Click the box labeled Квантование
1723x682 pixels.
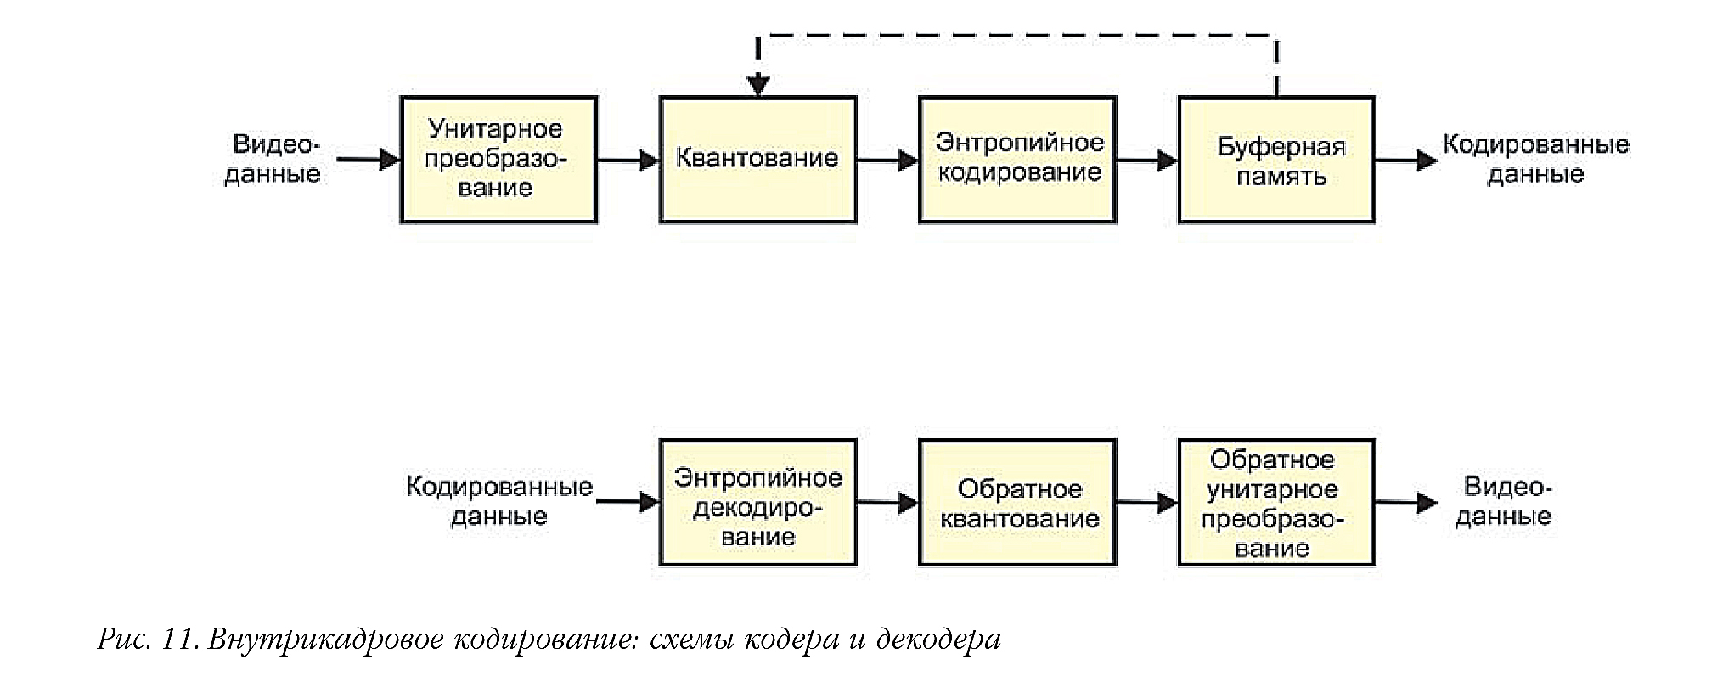click(757, 160)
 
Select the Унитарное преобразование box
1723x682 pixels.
click(498, 160)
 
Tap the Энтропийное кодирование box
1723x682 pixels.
click(1016, 160)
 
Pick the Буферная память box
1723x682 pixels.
click(1275, 160)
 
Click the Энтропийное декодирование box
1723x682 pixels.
click(757, 503)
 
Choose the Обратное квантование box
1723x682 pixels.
click(1016, 503)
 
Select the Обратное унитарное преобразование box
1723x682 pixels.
click(1275, 503)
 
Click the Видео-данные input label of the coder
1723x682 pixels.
click(273, 159)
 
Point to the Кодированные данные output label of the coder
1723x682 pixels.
click(1535, 159)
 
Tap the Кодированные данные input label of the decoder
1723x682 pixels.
click(498, 501)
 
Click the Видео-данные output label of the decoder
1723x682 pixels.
click(1503, 501)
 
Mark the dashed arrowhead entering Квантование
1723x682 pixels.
click(758, 84)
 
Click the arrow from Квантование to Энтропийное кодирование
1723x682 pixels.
click(887, 160)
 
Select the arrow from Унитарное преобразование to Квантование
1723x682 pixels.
click(628, 160)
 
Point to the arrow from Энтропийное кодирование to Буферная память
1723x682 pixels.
click(1146, 160)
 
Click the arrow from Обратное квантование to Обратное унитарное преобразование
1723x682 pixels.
click(1146, 503)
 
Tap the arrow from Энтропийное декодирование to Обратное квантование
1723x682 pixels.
click(887, 503)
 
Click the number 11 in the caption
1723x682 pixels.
click(177, 639)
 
